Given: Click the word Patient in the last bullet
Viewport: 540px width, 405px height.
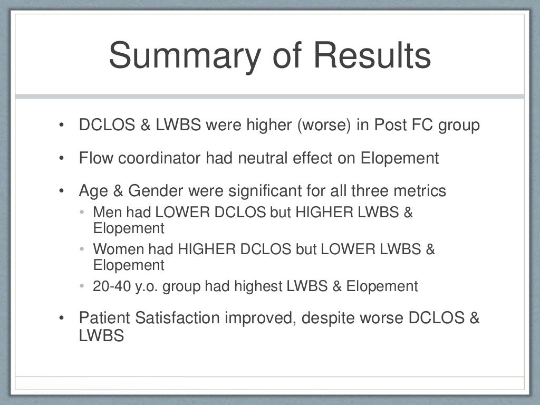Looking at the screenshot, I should point(104,319).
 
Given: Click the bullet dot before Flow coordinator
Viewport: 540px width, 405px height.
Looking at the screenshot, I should point(62,158).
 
